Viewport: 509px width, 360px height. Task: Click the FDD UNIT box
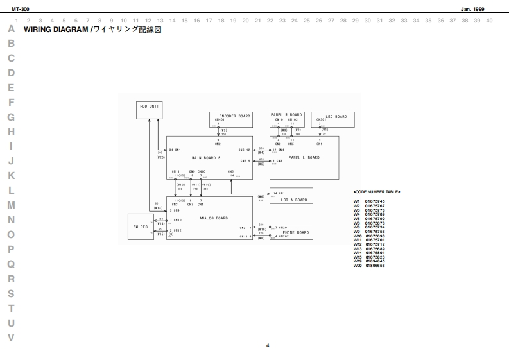[x=149, y=110]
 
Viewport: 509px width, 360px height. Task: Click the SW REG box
[x=140, y=227]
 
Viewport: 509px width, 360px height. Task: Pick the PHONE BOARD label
[x=295, y=232]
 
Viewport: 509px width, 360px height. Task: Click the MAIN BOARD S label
[x=206, y=157]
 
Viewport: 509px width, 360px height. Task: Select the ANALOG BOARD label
[x=214, y=218]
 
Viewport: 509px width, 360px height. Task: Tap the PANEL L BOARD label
[x=304, y=157]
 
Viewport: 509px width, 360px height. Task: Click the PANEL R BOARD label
[x=286, y=114]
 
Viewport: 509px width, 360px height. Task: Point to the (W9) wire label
[x=223, y=130]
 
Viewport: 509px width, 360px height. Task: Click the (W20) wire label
[x=160, y=157]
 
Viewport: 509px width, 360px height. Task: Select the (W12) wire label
[x=180, y=184]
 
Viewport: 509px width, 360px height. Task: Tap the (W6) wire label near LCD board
[x=261, y=196]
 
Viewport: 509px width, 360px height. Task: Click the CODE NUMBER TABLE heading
[x=377, y=192]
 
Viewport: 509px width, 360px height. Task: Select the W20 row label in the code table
[x=358, y=266]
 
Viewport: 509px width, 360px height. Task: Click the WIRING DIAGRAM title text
[x=58, y=30]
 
